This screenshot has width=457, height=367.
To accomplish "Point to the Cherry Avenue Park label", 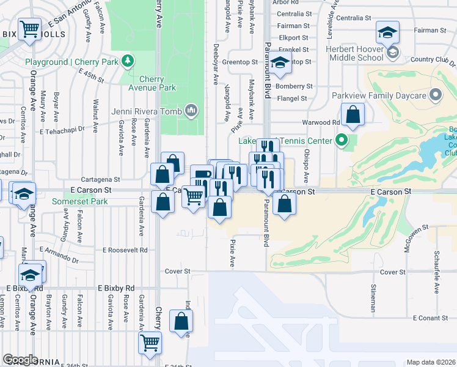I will click(158, 83).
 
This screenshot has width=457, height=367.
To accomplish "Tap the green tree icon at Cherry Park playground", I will click(128, 60).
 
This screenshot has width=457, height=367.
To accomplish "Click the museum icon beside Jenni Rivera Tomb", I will click(191, 110).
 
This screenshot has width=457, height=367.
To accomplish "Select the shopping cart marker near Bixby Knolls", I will click(30, 29).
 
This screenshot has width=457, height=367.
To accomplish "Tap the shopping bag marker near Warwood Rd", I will click(353, 114).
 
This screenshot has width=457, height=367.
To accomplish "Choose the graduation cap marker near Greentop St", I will click(280, 64).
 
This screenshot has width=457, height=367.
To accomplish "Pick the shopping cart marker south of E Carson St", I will click(194, 196).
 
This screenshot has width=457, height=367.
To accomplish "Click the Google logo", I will click(20, 360).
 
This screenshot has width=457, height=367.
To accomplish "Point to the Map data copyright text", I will click(431, 362).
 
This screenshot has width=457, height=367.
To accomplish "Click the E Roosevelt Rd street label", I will click(125, 250).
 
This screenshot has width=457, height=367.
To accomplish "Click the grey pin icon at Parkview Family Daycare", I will click(436, 95).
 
